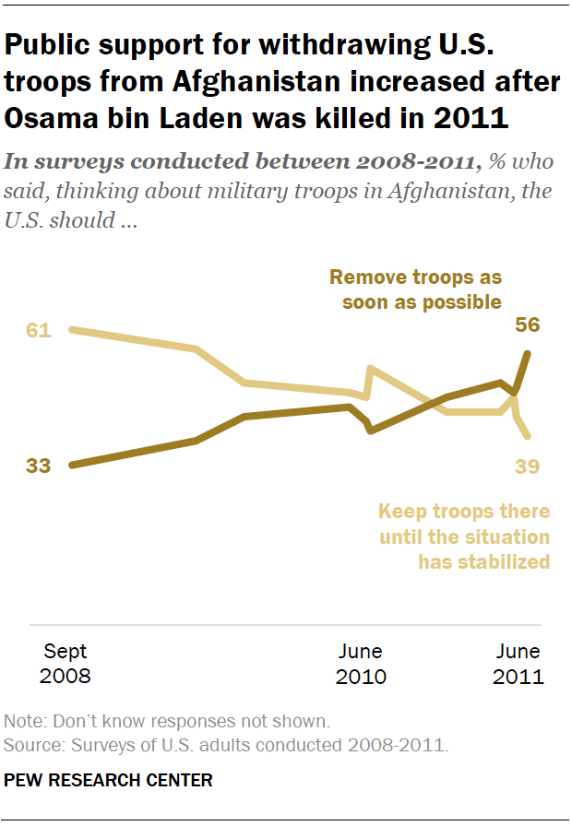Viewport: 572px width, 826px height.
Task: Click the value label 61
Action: pyautogui.click(x=38, y=330)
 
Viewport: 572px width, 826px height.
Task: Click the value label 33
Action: pyautogui.click(x=38, y=466)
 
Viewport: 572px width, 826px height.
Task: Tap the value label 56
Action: pyautogui.click(x=528, y=325)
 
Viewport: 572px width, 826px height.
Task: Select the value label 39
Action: pyautogui.click(x=527, y=466)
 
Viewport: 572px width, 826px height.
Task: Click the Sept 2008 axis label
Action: pyautogui.click(x=66, y=664)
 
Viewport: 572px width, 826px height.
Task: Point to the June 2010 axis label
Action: pyautogui.click(x=360, y=664)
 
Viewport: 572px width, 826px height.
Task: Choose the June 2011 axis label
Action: pyautogui.click(x=518, y=664)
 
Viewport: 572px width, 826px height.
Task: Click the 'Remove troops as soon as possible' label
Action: pyautogui.click(x=415, y=289)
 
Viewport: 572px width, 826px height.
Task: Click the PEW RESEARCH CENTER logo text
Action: pyautogui.click(x=109, y=781)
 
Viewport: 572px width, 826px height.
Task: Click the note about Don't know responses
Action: pyautogui.click(x=167, y=721)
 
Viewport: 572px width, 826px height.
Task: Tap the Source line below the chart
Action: pyautogui.click(x=226, y=743)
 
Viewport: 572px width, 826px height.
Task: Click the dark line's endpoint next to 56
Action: pyautogui.click(x=527, y=353)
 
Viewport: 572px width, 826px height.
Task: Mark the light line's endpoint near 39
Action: pyautogui.click(x=527, y=436)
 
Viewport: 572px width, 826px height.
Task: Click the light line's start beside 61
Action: pyautogui.click(x=71, y=329)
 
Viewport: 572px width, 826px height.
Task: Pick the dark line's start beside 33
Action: pyautogui.click(x=71, y=466)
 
